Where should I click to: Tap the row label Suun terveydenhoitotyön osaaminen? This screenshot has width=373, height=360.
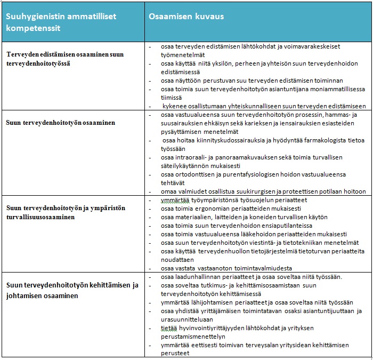[x=61, y=123]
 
